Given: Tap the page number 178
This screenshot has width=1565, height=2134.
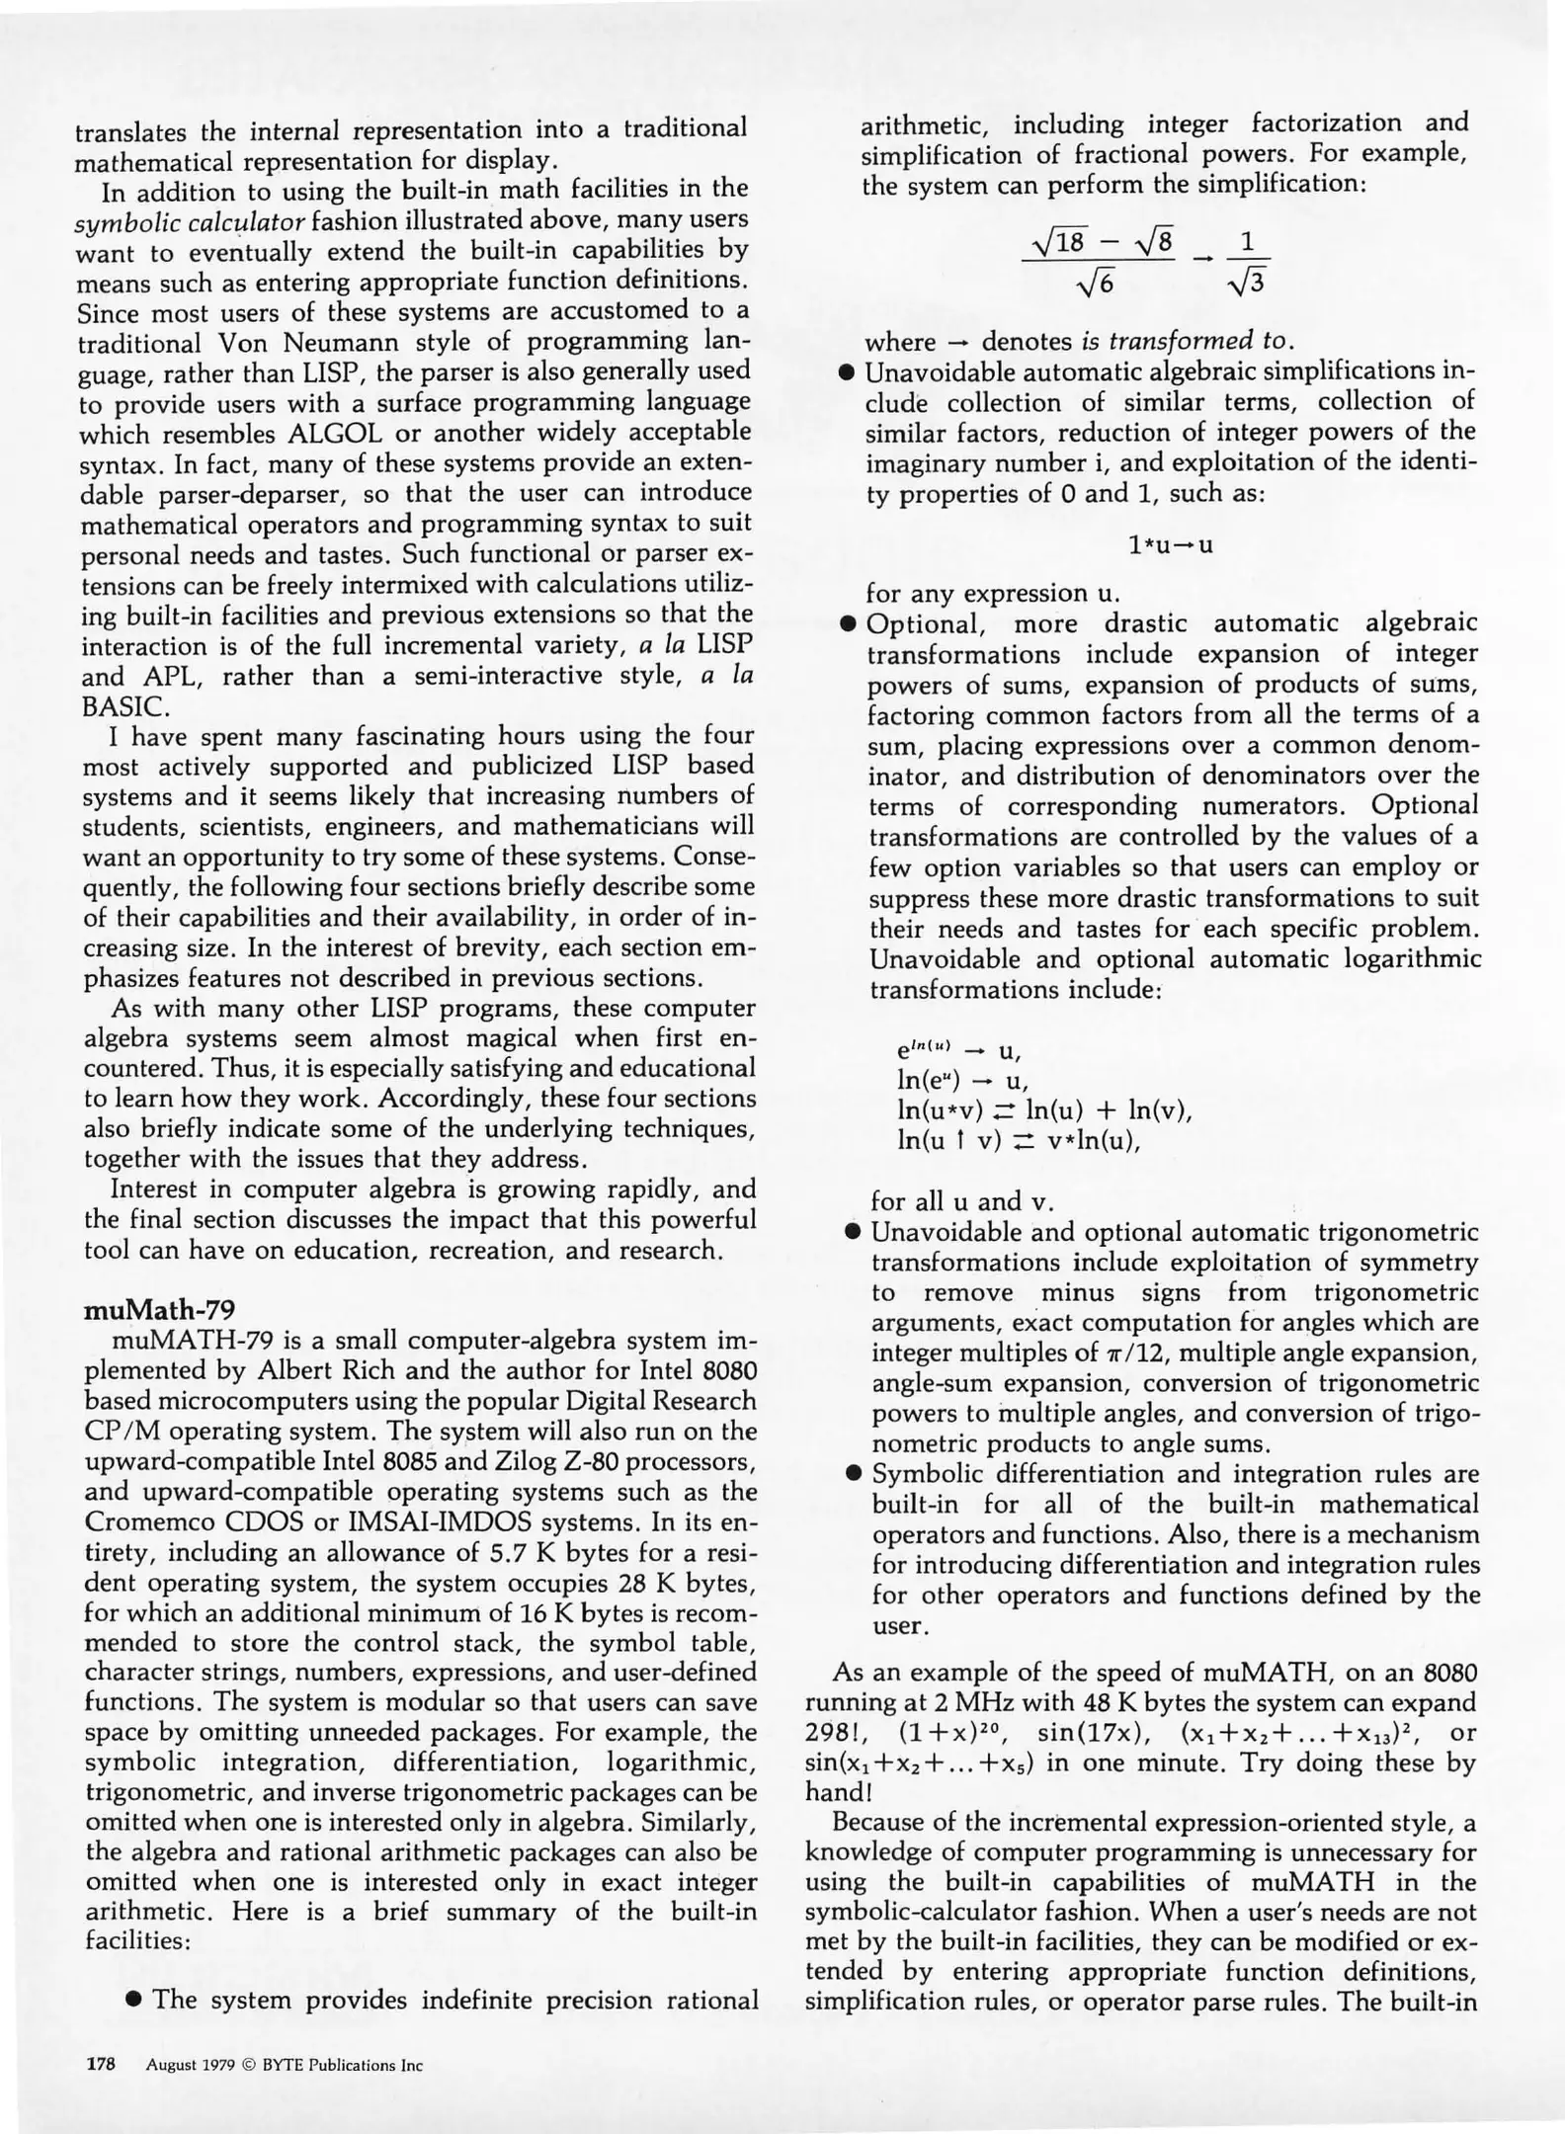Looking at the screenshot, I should (x=101, y=2064).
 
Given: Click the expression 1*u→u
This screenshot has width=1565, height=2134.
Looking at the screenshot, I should (x=1170, y=544).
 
